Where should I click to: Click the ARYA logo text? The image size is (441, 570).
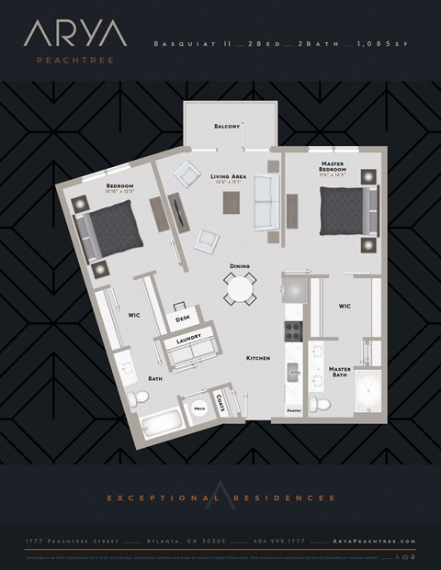(75, 35)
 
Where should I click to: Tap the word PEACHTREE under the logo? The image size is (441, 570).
(75, 61)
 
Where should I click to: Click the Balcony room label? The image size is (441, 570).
(227, 126)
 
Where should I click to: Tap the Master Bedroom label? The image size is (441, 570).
(332, 166)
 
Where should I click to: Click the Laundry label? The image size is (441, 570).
(188, 338)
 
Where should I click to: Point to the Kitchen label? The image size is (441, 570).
(257, 358)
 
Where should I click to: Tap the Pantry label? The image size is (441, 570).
(294, 410)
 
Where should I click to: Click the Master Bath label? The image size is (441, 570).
(339, 372)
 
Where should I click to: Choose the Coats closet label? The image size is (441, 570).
(221, 401)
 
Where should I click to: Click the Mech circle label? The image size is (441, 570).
(198, 408)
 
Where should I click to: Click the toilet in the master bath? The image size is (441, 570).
(319, 404)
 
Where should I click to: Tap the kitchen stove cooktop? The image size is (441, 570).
(294, 331)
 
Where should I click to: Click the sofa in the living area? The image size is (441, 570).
(264, 202)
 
